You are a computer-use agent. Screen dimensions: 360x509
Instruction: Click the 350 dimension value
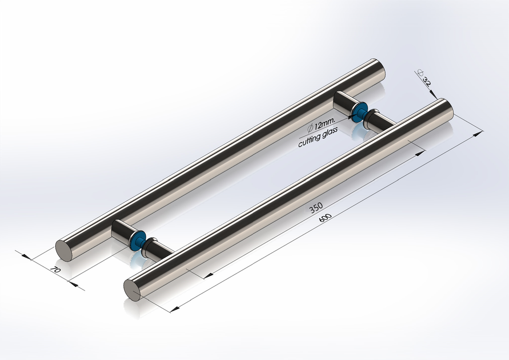tap(317, 208)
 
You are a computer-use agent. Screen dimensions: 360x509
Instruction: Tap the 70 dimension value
tap(55, 270)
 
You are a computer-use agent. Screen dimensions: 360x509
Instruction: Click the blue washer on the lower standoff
tap(136, 240)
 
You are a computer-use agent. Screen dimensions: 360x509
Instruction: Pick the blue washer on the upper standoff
tap(360, 111)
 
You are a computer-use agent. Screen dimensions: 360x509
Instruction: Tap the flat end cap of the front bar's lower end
tap(132, 290)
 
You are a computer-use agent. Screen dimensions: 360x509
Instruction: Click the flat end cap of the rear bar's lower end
tap(64, 251)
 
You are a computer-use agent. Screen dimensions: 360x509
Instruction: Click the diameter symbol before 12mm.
tap(310, 125)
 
